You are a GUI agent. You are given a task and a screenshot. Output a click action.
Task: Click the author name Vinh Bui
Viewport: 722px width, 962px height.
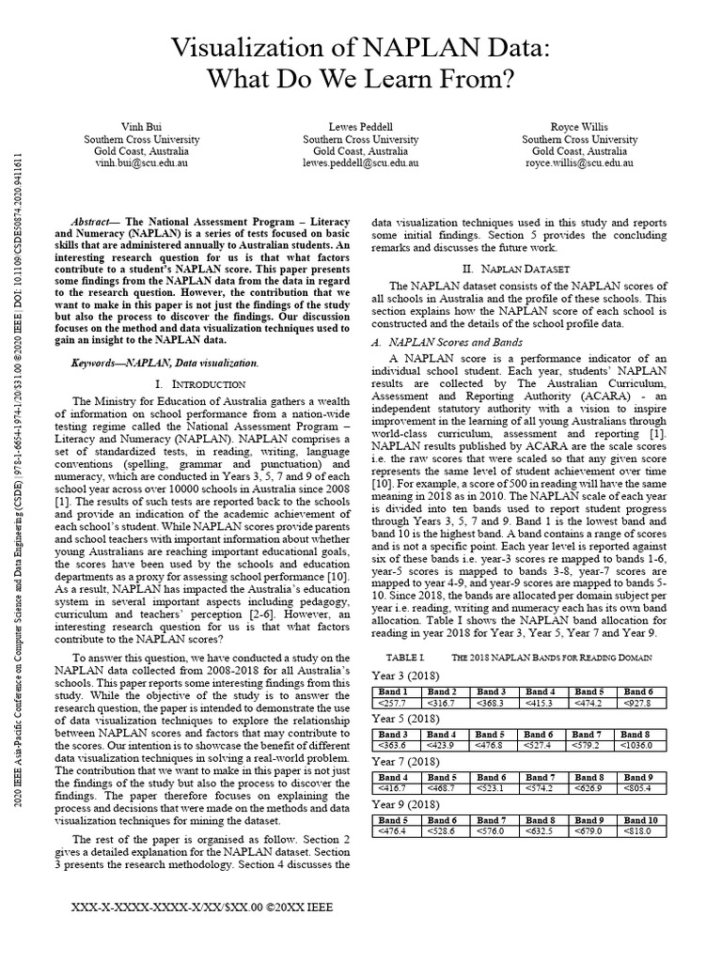tap(142, 126)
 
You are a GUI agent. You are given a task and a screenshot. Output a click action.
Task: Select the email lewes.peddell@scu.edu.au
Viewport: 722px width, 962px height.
tap(360, 163)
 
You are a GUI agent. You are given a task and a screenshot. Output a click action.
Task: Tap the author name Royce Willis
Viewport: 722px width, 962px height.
tap(579, 126)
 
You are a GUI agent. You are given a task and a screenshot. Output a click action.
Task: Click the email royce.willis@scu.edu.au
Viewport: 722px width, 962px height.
tap(579, 163)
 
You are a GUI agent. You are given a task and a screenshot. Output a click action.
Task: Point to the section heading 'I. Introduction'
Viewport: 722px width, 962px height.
tap(202, 384)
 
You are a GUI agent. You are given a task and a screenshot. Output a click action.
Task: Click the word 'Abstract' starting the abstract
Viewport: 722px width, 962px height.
tap(97, 215)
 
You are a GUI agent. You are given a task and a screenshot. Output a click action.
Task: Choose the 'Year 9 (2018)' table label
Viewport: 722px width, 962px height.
tap(405, 804)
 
